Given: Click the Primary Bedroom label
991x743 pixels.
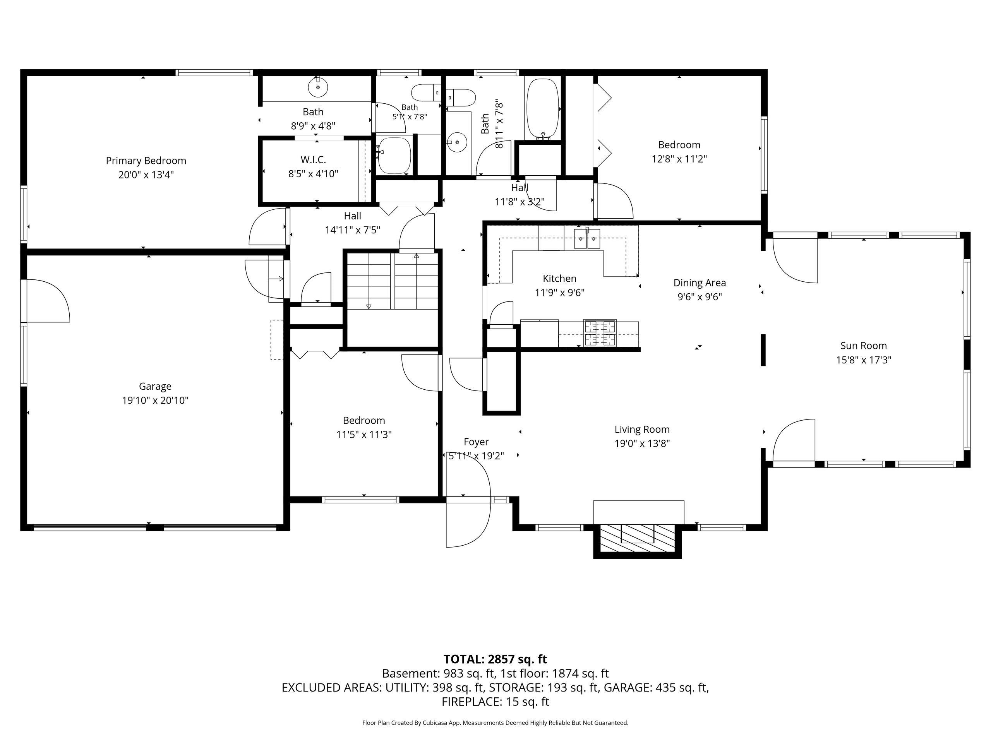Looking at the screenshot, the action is tap(146, 160).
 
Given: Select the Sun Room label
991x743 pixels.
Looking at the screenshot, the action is tap(863, 346).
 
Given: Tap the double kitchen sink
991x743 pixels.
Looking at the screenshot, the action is tap(587, 239).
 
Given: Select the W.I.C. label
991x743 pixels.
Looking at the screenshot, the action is tap(313, 159).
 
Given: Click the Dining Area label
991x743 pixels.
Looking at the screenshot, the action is tap(700, 283).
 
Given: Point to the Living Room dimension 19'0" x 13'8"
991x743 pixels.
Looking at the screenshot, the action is tap(642, 444).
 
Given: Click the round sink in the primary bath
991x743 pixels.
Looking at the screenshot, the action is tap(318, 87).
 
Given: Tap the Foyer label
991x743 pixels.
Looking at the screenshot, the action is tap(476, 442).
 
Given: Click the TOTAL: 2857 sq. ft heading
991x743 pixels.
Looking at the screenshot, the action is tap(495, 659).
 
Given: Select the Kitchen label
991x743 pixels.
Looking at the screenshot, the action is tap(559, 279).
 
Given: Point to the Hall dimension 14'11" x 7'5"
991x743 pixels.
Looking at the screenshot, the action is tap(353, 230).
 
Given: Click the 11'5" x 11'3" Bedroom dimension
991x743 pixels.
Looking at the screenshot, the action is tap(364, 435).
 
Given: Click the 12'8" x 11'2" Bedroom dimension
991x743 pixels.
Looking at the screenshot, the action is tap(679, 159).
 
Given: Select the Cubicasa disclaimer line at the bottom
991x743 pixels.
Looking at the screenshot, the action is tap(495, 723).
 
